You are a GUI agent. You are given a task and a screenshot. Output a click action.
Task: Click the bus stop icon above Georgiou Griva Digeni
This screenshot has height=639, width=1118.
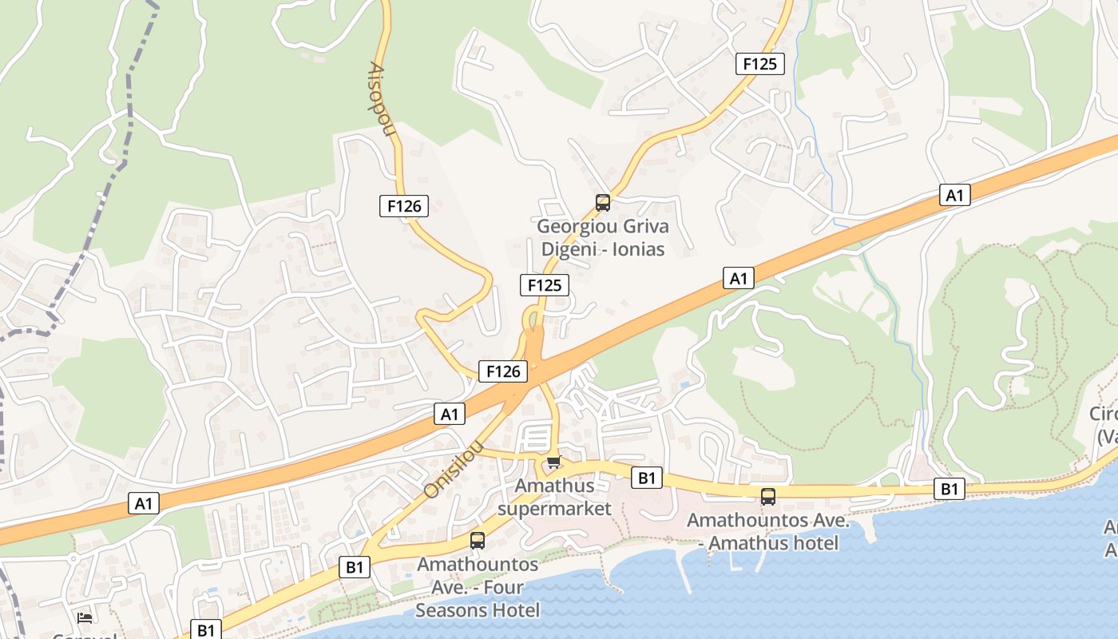click(603, 203)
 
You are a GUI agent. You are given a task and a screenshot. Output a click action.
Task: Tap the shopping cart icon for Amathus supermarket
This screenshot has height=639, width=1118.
click(553, 462)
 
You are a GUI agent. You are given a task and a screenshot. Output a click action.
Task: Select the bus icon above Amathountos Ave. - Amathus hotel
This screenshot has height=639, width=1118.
click(767, 497)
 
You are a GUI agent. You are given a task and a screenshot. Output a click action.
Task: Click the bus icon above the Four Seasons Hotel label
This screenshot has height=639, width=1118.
click(478, 541)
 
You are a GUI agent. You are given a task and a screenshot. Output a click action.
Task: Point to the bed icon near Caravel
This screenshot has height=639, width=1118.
click(85, 617)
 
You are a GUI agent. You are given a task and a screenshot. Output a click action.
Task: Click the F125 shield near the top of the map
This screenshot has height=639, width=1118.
click(759, 64)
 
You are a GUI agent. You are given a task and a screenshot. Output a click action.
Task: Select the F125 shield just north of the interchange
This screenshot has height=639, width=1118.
click(544, 285)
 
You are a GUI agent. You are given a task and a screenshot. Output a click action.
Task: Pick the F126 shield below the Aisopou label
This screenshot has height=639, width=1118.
click(403, 206)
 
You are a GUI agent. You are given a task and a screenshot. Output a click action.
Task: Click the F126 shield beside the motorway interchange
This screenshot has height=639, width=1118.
click(503, 371)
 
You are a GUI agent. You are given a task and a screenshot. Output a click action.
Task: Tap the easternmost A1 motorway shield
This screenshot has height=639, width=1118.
click(954, 195)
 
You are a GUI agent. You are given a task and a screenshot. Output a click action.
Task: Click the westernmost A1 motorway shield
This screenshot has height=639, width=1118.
click(144, 503)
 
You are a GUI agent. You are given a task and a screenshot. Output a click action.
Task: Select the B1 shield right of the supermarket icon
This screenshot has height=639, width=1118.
click(647, 478)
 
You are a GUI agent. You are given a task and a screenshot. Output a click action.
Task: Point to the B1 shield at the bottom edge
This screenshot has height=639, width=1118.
click(206, 629)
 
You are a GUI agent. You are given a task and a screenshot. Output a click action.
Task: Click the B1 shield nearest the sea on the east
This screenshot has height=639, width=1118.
click(949, 489)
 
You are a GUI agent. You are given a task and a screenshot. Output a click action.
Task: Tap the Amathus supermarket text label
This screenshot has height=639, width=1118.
click(554, 497)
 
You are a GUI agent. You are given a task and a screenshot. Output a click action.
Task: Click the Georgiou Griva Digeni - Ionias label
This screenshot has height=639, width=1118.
click(603, 237)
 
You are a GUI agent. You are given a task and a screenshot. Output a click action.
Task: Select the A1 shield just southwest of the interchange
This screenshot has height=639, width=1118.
click(450, 414)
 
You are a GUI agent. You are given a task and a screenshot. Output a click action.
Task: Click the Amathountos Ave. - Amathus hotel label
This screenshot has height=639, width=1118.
click(763, 532)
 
